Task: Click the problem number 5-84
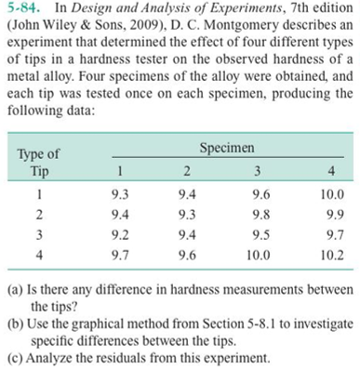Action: click(x=20, y=10)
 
